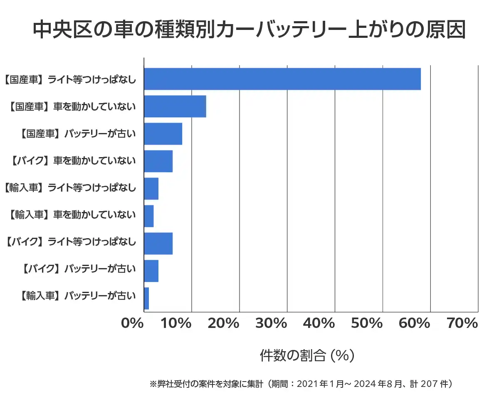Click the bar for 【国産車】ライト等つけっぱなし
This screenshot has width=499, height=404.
pyautogui.click(x=282, y=79)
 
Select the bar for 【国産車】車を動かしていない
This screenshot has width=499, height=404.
pyautogui.click(x=175, y=106)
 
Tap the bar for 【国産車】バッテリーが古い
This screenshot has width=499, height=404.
pyautogui.click(x=163, y=134)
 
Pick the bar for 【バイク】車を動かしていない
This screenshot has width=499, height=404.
pyautogui.click(x=158, y=161)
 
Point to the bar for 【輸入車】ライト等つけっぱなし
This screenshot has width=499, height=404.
pyautogui.click(x=151, y=189)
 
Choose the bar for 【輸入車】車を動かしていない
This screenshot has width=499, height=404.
pyautogui.click(x=149, y=216)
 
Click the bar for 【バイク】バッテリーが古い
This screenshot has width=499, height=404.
pyautogui.click(x=151, y=271)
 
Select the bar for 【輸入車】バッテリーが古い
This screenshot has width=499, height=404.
pyautogui.click(x=146, y=298)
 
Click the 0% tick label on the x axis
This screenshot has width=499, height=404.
pyautogui.click(x=132, y=323)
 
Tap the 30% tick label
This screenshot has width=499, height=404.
pyautogui.click(x=271, y=323)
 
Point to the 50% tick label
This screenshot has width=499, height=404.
pyautogui.click(x=367, y=323)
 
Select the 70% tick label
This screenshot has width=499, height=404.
pyautogui.click(x=462, y=323)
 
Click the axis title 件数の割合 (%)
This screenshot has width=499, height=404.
pyautogui.click(x=307, y=356)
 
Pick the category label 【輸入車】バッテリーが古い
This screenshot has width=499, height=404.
pyautogui.click(x=77, y=296)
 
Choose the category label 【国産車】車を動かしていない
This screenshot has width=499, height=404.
pyautogui.click(x=72, y=107)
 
